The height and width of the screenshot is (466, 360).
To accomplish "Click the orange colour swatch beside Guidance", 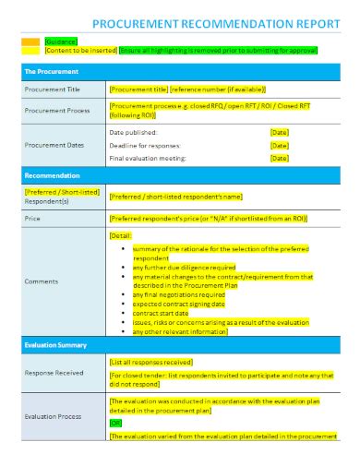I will click(x=30, y=42).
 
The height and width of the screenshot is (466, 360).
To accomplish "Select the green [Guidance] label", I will click(x=61, y=42).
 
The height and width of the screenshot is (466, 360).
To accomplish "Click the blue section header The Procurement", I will click(x=52, y=70).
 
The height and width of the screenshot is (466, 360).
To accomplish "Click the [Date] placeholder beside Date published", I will click(x=280, y=133).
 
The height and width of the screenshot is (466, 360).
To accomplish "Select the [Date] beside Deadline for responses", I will click(x=280, y=146).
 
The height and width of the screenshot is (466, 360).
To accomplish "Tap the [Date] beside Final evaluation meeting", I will click(x=280, y=158).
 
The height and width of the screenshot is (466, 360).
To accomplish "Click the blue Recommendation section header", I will click(x=53, y=175).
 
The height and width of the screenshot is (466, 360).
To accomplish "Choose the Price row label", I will click(x=32, y=219).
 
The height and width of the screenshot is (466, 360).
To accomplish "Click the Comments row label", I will click(x=42, y=281).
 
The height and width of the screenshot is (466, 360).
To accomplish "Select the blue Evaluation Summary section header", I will click(x=55, y=344).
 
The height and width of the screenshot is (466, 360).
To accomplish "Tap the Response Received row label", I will click(x=54, y=372).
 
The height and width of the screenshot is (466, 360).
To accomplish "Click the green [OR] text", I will click(x=116, y=423).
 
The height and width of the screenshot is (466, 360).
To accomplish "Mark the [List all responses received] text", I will click(x=150, y=362).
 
